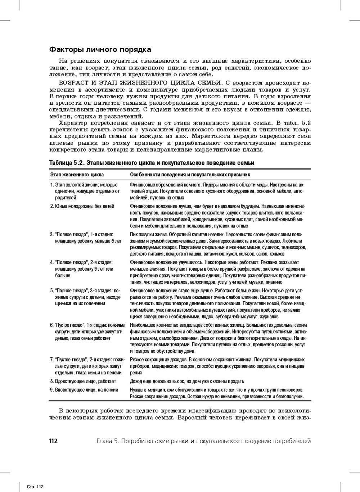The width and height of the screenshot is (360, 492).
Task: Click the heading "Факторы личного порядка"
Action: (100, 50)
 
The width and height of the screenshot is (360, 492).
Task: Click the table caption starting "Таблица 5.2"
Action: (152, 163)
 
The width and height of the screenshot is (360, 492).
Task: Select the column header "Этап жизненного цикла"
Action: (77, 175)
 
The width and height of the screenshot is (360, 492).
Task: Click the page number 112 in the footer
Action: (53, 441)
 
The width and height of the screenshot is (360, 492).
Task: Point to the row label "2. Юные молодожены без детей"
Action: (82, 206)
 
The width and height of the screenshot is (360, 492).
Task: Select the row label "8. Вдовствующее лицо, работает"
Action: (83, 381)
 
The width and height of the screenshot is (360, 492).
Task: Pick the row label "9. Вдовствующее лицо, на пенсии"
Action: (84, 390)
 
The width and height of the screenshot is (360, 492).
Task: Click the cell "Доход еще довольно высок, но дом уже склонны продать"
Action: (186, 381)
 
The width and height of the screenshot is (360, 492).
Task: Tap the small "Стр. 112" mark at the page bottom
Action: (35, 487)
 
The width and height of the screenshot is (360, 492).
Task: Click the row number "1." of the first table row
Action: (52, 185)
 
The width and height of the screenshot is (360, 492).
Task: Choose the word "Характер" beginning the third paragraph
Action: (72, 123)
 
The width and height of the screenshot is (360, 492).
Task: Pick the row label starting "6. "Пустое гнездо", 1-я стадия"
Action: (87, 325)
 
